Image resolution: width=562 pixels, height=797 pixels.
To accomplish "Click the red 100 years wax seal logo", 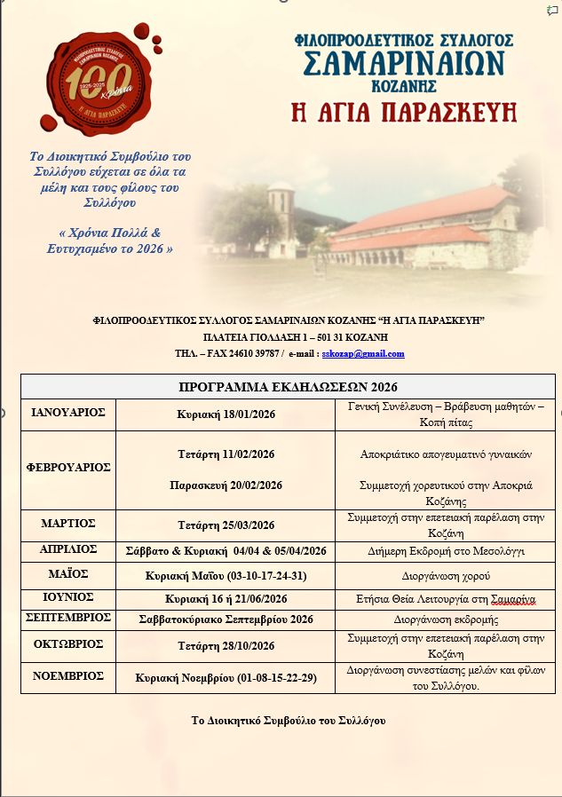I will click(99, 85).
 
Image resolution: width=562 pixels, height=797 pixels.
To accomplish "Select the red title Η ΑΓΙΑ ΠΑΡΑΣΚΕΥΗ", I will click(404, 113).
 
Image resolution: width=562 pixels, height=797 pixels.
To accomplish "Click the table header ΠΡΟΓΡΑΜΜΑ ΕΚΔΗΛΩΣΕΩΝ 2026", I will click(288, 386).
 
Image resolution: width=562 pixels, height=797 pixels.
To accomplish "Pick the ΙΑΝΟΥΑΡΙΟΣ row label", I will click(68, 413).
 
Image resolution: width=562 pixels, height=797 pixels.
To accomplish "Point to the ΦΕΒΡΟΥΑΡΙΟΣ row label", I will click(68, 467).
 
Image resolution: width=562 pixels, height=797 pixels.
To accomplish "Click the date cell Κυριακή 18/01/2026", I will click(226, 414).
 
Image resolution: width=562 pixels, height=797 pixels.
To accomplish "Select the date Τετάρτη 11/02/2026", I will click(226, 454).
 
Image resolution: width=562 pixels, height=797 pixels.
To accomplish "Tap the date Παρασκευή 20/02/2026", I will click(226, 485).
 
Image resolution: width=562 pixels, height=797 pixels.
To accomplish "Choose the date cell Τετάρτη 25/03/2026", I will click(226, 525).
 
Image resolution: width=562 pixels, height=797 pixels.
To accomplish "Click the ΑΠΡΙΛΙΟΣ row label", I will click(68, 549).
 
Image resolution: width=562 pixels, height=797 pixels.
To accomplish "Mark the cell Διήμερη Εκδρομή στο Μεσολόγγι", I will click(447, 551).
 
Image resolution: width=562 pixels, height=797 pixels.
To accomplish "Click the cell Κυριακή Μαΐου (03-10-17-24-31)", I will click(226, 575).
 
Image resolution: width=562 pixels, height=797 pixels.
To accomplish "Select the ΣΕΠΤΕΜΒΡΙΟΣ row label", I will click(68, 617).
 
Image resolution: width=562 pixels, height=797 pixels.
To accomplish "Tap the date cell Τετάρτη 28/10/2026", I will click(226, 645).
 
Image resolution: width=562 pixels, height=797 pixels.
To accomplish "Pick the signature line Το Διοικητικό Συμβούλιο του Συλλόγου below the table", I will click(289, 721).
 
